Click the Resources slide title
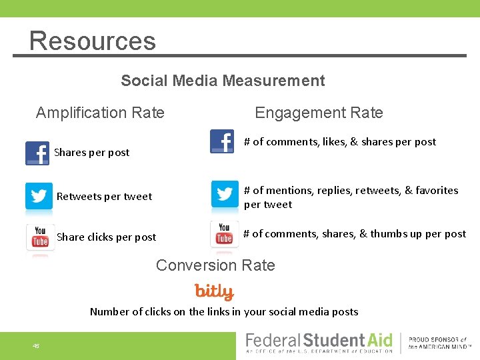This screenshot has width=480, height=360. click(92, 41)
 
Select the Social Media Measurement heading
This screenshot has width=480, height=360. click(223, 81)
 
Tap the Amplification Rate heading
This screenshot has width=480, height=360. click(100, 113)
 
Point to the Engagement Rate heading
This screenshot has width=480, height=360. click(319, 113)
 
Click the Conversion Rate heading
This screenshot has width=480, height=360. click(215, 265)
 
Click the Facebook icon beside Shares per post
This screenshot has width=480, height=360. click(37, 153)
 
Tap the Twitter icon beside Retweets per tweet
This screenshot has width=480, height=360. click(39, 196)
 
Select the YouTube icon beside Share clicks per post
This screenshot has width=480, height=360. click(40, 237)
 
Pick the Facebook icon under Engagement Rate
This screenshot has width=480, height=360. click(222, 141)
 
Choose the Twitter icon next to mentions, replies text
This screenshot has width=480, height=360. click(224, 194)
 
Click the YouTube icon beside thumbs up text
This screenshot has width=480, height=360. click(224, 234)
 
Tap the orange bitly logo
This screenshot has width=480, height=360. click(214, 291)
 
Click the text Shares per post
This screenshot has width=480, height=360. click(91, 153)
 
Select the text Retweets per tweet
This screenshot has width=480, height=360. click(104, 197)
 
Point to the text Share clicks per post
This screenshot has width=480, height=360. click(106, 237)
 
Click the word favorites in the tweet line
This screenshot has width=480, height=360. click(437, 191)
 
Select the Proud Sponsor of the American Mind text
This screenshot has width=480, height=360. click(438, 343)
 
